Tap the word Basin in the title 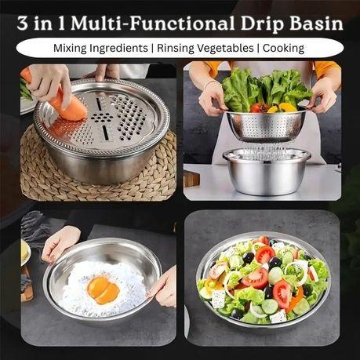coord(317,24)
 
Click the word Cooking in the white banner coord(283,49)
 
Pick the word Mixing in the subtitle coord(70,49)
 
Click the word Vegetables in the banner coord(225,49)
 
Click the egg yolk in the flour coord(104,290)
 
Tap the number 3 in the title coord(23,24)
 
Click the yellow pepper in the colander coord(285,107)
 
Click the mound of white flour coord(104,288)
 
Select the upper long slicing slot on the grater coord(99,104)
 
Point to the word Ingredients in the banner coord(118,49)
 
